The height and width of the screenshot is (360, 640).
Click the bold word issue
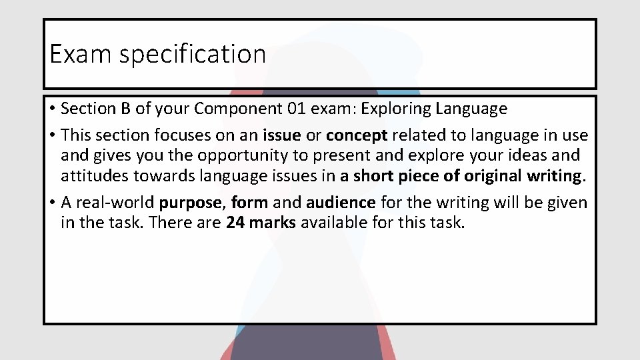[x=282, y=135]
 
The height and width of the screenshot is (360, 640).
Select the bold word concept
[x=357, y=135]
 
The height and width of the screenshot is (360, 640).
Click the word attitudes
[x=91, y=176]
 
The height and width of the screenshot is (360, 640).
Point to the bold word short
[x=373, y=176]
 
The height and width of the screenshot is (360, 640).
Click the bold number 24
[x=235, y=223]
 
